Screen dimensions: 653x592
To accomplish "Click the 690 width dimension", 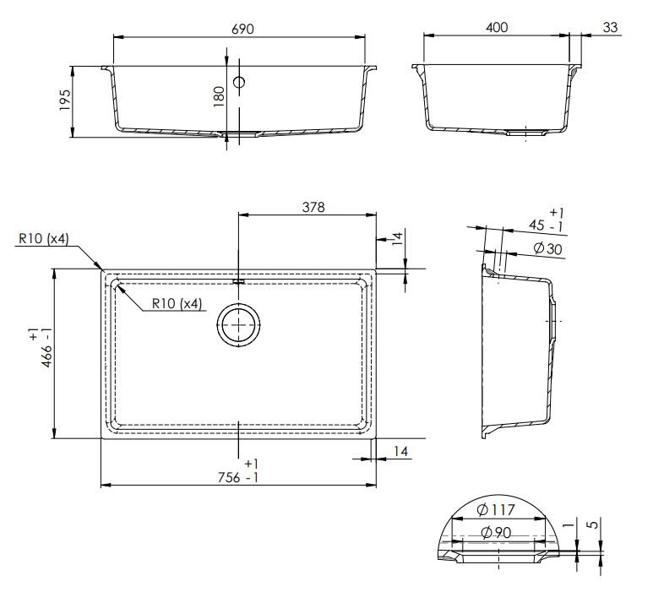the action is click(x=242, y=30).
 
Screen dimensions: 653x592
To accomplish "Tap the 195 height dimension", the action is click(x=65, y=100).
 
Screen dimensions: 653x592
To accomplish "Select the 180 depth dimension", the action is click(x=219, y=96).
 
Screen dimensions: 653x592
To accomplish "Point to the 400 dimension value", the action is click(x=497, y=28).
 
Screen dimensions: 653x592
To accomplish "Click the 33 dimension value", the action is click(x=610, y=28).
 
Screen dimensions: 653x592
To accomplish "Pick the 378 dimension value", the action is click(x=313, y=207).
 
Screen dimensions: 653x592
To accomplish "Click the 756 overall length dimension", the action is click(x=238, y=472).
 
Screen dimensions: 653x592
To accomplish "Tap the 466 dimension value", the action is click(x=41, y=348).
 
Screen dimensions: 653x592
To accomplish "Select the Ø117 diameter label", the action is click(x=496, y=509).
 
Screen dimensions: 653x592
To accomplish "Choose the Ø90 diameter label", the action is click(x=496, y=533).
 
